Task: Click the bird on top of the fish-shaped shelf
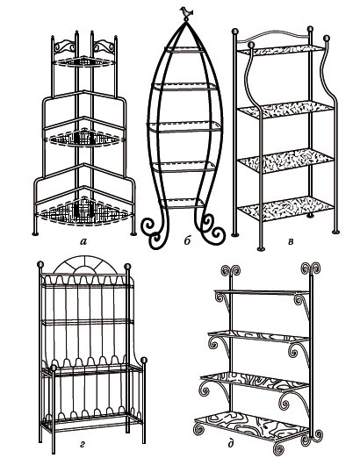(x=186, y=12)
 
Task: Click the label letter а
(x=83, y=242)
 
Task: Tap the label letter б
(x=187, y=240)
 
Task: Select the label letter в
(x=291, y=241)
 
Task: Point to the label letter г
(x=83, y=444)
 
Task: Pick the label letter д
(x=231, y=444)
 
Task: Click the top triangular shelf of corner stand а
(x=84, y=61)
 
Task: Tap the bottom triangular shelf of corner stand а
(x=84, y=213)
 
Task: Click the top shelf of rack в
(x=280, y=50)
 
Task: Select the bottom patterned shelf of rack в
(x=285, y=208)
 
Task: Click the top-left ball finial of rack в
(x=235, y=31)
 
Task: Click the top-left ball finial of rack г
(x=40, y=264)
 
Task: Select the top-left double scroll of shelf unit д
(x=231, y=270)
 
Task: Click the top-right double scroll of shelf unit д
(x=311, y=268)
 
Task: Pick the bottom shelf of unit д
(x=252, y=425)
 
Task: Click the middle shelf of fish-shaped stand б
(x=184, y=127)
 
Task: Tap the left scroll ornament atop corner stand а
(x=64, y=46)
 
